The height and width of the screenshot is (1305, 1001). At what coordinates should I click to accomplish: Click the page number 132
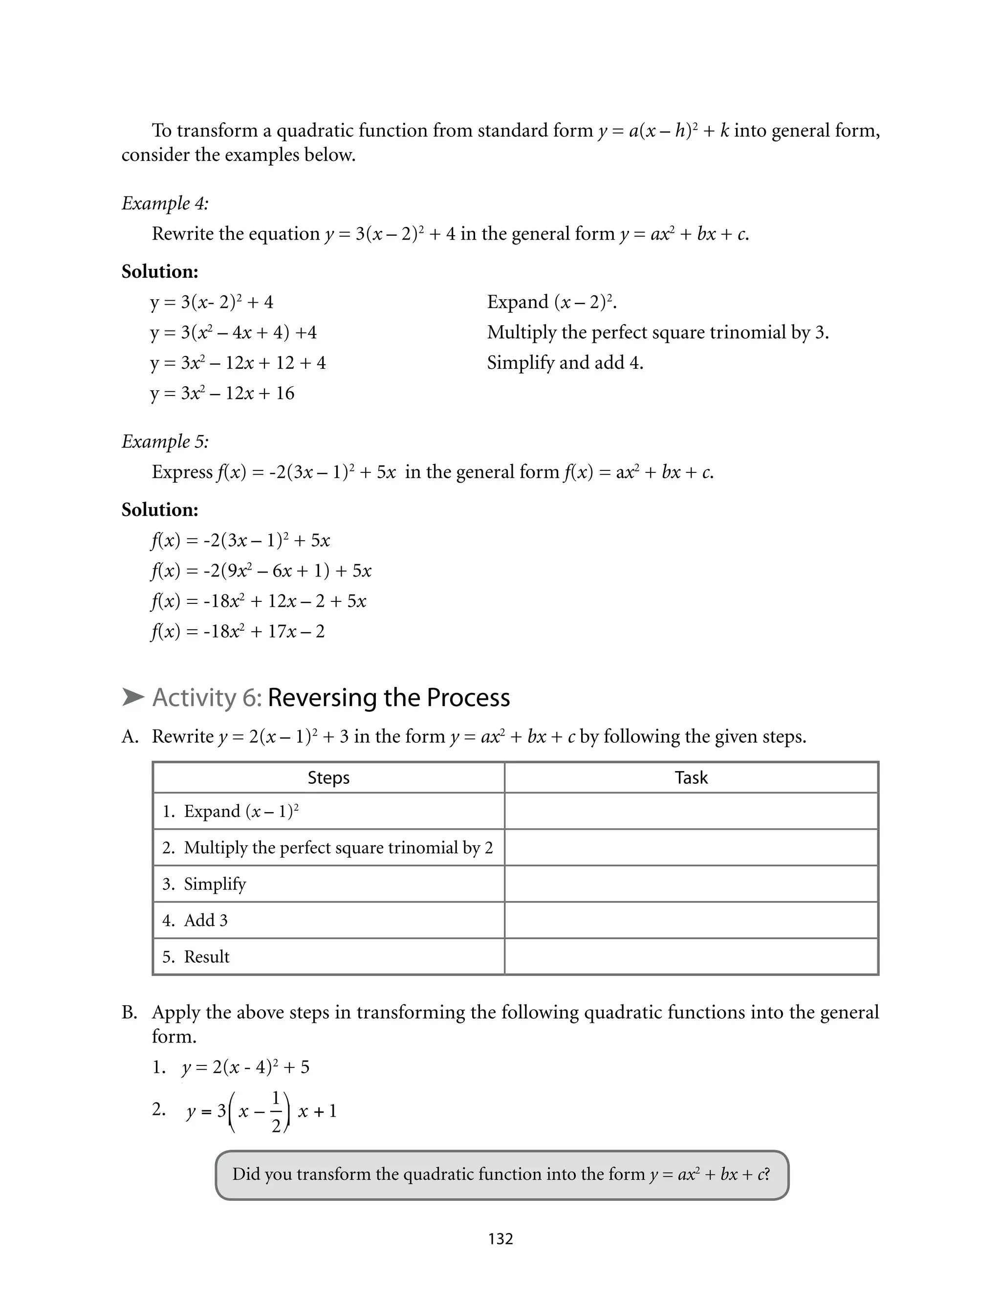coord(500,1239)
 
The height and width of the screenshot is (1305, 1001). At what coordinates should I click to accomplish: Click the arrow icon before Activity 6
coord(133,697)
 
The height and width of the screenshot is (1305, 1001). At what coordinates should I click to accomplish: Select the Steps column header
coord(328,777)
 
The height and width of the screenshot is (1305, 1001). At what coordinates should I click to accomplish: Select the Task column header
coord(691,777)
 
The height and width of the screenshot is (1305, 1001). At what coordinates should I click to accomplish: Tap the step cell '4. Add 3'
coord(328,921)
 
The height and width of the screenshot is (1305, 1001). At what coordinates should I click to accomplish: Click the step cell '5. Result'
coord(328,957)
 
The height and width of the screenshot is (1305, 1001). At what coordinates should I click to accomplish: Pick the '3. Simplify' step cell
coord(328,884)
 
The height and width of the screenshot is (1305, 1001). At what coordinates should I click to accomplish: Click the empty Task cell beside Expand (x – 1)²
coord(691,812)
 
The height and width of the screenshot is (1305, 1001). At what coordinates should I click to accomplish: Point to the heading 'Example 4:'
coord(165,203)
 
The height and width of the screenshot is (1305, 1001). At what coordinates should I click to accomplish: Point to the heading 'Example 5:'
coord(165,442)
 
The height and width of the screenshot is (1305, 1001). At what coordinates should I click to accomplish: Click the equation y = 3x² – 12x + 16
coord(222,393)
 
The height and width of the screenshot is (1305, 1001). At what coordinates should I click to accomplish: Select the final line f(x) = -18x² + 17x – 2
coord(238,632)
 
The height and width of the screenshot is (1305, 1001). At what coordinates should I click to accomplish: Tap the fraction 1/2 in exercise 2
coord(276,1112)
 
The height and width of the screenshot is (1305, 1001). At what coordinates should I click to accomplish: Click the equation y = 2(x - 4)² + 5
coord(245,1067)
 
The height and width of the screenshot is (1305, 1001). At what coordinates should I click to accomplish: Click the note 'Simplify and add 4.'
coord(565,363)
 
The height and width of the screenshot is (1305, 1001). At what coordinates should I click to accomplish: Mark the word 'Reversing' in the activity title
coord(316,698)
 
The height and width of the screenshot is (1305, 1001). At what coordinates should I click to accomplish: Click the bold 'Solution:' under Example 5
coord(160,510)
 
